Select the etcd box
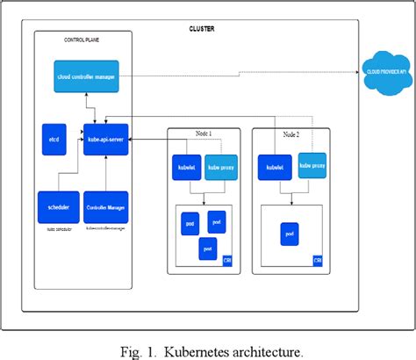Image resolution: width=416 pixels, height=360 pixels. point(54,139)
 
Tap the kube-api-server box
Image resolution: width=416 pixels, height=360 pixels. point(105,139)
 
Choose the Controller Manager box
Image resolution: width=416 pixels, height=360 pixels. point(105,206)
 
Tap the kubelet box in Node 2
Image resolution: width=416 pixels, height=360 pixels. point(275,165)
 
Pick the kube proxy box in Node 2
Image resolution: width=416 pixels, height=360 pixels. point(312,164)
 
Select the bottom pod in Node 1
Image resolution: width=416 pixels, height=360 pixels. point(208,248)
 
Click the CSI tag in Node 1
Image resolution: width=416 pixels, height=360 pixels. point(228,260)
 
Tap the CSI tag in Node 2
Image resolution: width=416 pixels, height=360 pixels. point(318,260)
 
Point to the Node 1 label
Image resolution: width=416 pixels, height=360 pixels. point(204,133)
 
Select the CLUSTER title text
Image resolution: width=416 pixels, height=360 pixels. point(201,28)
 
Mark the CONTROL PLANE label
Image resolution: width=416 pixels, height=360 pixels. point(82,40)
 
